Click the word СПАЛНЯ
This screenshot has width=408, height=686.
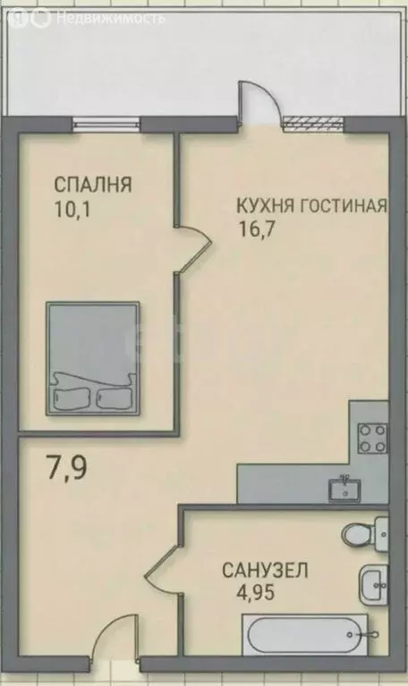click(93, 186)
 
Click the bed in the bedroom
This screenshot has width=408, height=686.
click(92, 356)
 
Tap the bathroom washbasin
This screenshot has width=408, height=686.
click(372, 585)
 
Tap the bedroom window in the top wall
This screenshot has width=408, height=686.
click(106, 123)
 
